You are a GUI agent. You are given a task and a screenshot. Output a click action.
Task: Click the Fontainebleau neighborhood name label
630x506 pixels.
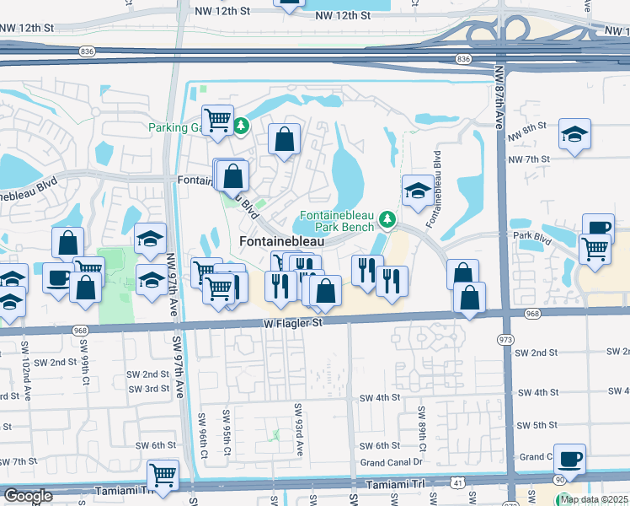pos(281,241)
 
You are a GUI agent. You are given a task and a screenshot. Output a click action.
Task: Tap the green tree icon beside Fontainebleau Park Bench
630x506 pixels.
pos(387,220)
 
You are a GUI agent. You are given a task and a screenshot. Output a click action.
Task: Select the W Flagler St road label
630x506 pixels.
pos(292,322)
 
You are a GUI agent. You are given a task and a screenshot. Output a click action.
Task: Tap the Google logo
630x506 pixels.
pos(27,496)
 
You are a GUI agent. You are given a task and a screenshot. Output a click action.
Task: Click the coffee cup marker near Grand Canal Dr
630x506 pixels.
pos(570,458)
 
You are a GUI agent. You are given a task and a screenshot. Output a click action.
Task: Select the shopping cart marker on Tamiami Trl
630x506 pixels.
pos(163,474)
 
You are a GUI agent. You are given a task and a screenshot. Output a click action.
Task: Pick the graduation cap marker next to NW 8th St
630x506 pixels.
pos(574,133)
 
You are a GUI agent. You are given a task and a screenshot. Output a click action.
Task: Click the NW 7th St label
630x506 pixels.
pos(528,159)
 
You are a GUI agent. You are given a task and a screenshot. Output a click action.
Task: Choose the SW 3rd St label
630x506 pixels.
pos(150,389)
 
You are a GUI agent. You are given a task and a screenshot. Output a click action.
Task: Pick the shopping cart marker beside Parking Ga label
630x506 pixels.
pos(218,120)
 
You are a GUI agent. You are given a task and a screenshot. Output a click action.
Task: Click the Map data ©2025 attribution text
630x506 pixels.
pos(594,499)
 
